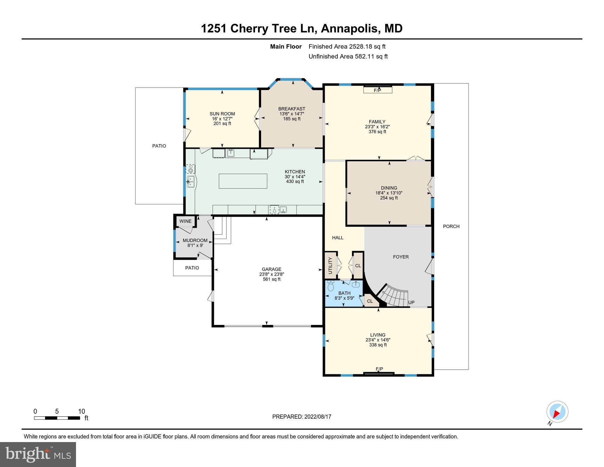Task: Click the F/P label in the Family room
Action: [x=377, y=90]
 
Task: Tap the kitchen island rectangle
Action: [x=243, y=181]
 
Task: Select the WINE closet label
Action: [x=185, y=221]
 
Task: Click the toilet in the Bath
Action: [x=331, y=286]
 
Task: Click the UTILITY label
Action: [x=330, y=265]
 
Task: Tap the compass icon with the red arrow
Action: [x=557, y=412]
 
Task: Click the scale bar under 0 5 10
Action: [x=57, y=418]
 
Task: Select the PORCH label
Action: [x=451, y=226]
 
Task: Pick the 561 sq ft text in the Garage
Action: [x=271, y=279]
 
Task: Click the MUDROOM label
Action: [x=195, y=240]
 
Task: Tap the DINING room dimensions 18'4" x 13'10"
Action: [x=389, y=193]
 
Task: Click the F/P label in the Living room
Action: [x=379, y=369]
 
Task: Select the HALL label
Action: [x=338, y=238]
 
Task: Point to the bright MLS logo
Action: [x=38, y=454]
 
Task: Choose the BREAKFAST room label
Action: [x=292, y=109]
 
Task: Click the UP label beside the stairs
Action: [x=411, y=303]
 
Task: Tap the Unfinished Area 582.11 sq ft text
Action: [x=348, y=56]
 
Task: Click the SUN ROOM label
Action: [x=222, y=114]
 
